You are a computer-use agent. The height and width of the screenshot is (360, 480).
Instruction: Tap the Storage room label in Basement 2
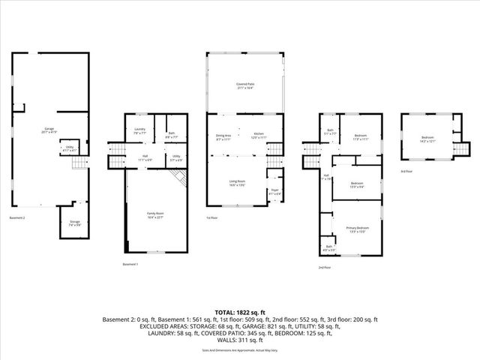click(x=73, y=223)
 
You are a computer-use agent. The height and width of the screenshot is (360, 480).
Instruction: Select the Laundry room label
click(x=139, y=132)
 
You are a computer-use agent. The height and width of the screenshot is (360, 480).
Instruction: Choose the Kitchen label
click(x=259, y=136)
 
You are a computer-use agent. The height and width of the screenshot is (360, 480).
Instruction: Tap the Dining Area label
click(x=223, y=136)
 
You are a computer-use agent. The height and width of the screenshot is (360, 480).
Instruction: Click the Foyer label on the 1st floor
click(x=274, y=191)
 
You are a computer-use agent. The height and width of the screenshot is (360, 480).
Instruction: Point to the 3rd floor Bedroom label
click(x=427, y=139)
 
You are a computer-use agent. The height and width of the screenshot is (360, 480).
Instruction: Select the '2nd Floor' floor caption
click(x=323, y=267)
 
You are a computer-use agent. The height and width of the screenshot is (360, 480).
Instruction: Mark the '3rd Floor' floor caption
click(x=406, y=172)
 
